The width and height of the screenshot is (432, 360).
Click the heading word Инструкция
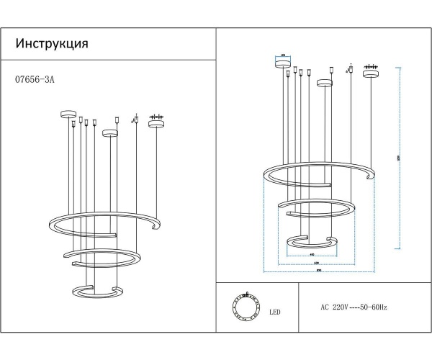click(x=52, y=43)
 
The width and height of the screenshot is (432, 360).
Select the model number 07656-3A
click(x=35, y=81)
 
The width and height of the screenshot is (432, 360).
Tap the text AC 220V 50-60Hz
click(x=354, y=307)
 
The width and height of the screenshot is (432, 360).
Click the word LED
click(x=275, y=313)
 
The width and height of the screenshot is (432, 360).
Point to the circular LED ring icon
click(x=246, y=306)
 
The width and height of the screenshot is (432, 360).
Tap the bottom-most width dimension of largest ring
click(x=318, y=271)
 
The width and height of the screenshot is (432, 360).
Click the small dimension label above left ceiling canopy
click(x=283, y=55)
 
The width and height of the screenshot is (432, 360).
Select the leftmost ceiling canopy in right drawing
click(x=283, y=63)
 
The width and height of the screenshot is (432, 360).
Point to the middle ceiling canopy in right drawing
click(x=325, y=82)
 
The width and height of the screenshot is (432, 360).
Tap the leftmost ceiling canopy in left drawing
click(x=68, y=113)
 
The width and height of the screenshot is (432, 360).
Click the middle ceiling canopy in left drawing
click(x=109, y=132)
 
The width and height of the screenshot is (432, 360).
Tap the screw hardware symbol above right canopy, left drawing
click(x=156, y=116)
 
